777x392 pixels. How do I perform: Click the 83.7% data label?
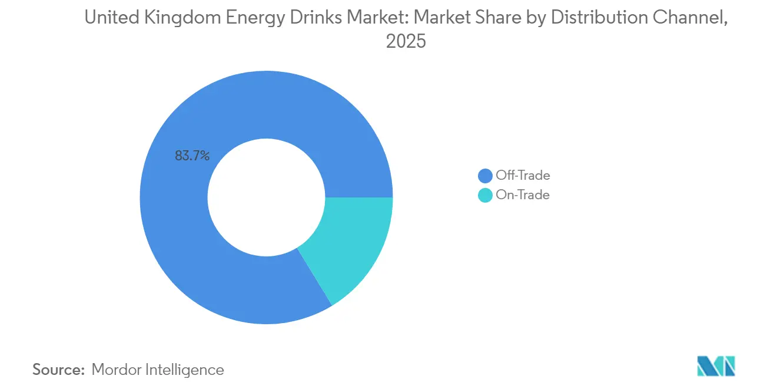coord(192,156)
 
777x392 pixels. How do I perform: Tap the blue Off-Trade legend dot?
coord(486,176)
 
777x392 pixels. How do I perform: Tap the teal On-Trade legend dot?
coord(486,196)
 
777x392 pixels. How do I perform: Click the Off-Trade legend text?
coord(523,175)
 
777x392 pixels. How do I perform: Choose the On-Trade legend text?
coord(523,195)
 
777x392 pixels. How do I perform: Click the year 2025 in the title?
coord(406,42)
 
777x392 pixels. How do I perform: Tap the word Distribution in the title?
coord(589,18)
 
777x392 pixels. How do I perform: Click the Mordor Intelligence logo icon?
coord(716,366)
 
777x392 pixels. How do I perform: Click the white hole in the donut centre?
coord(266,197)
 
